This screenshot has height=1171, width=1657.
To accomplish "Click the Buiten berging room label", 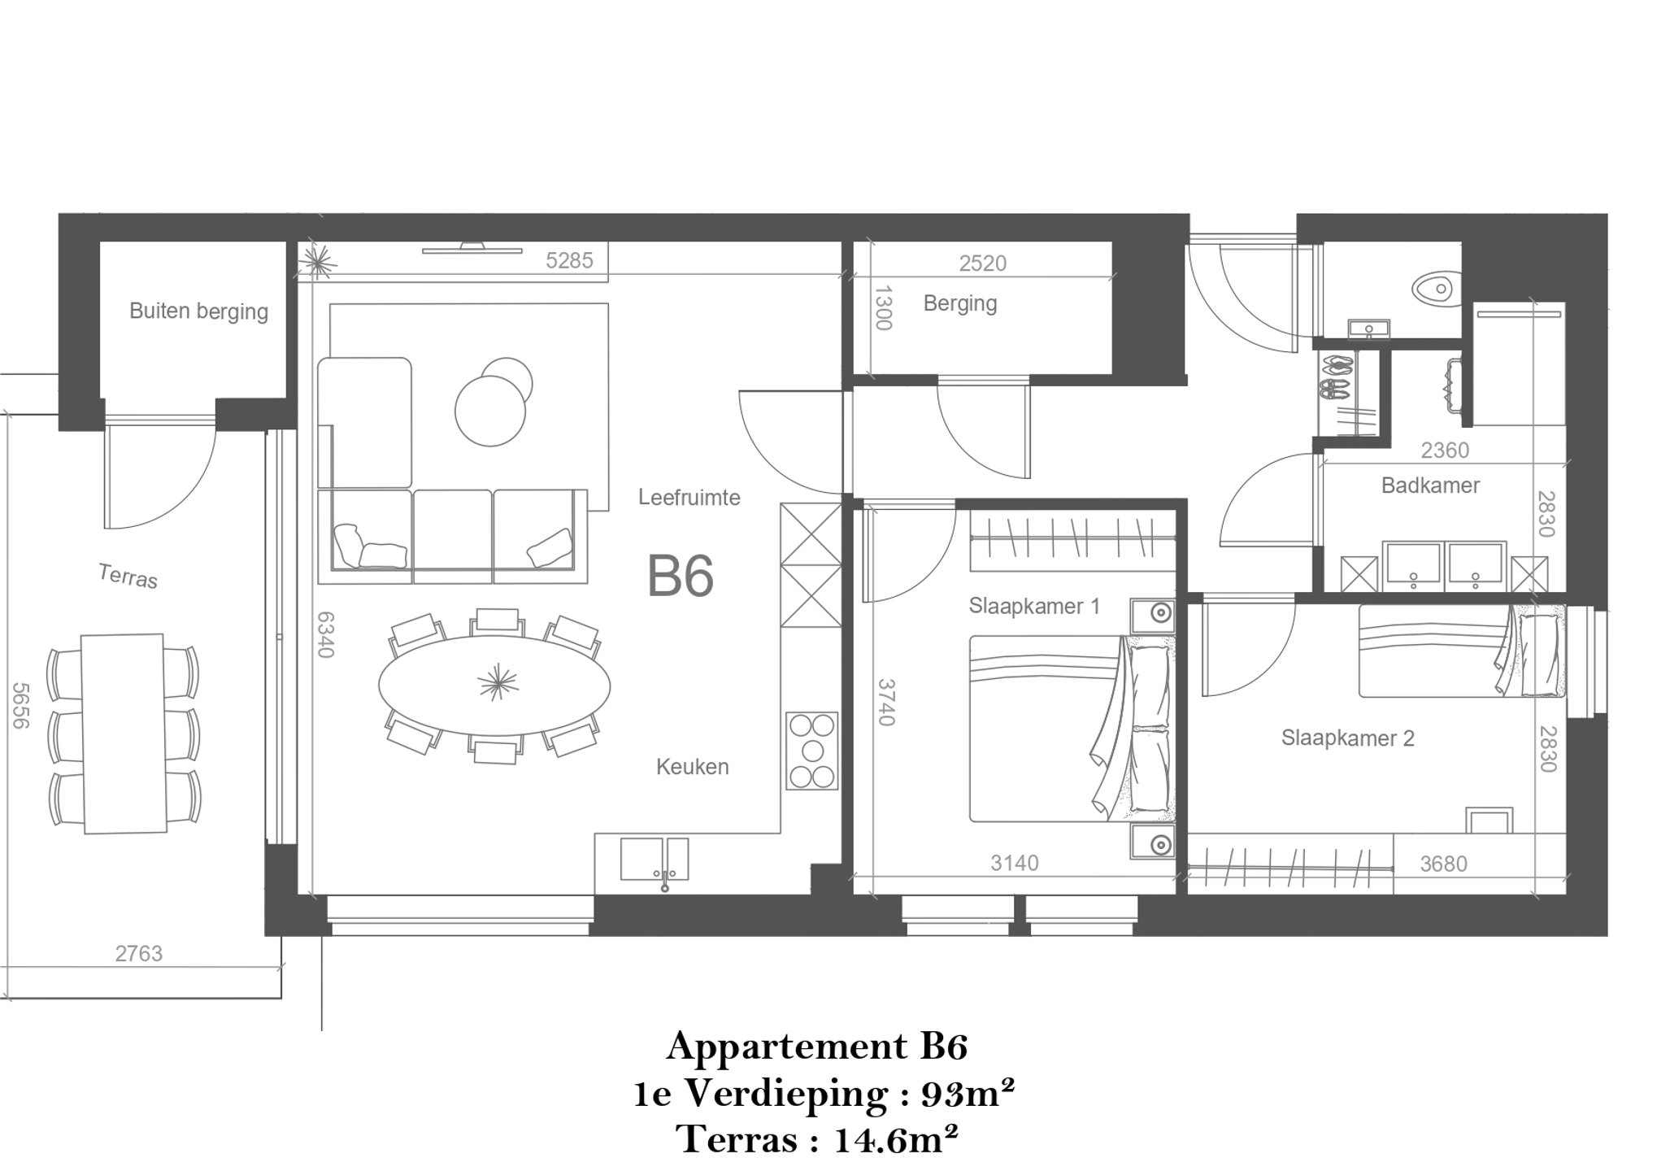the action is pyautogui.click(x=198, y=311).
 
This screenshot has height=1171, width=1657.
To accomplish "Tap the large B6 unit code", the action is pyautogui.click(x=680, y=576).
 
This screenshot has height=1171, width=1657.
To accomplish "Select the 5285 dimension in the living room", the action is pyautogui.click(x=569, y=260).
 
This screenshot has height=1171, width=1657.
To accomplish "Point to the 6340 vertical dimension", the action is pyautogui.click(x=325, y=634).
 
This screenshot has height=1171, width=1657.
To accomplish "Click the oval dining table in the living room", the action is pyautogui.click(x=494, y=686).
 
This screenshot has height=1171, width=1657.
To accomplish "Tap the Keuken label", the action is pyautogui.click(x=692, y=767).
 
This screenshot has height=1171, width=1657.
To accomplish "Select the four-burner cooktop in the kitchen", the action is pyautogui.click(x=811, y=751).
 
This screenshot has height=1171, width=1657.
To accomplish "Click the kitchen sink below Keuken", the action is pyautogui.click(x=655, y=860).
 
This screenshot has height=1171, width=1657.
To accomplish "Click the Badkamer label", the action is pyautogui.click(x=1430, y=485).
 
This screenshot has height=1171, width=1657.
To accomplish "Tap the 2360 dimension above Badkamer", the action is pyautogui.click(x=1445, y=450).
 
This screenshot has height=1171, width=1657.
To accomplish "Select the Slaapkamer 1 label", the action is pyautogui.click(x=1034, y=606).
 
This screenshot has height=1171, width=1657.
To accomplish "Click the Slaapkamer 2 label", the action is pyautogui.click(x=1347, y=738).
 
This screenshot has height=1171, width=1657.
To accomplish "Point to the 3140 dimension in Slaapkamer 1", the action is pyautogui.click(x=1015, y=863).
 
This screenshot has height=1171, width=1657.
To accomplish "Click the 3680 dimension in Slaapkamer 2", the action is pyautogui.click(x=1443, y=864).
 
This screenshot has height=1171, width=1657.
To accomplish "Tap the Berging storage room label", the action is pyautogui.click(x=959, y=304).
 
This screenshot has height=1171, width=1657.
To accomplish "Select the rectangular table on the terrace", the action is pyautogui.click(x=124, y=734).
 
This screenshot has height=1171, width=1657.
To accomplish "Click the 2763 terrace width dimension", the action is pyautogui.click(x=138, y=953).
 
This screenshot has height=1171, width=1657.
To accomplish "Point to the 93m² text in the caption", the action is pyautogui.click(x=968, y=1094).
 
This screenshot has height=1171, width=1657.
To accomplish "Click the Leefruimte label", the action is pyautogui.click(x=689, y=498).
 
